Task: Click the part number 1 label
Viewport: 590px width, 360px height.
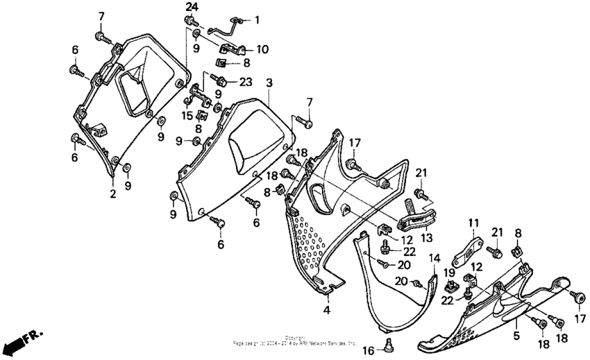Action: click(x=257, y=20)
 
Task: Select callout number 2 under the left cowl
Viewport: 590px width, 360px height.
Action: click(x=112, y=193)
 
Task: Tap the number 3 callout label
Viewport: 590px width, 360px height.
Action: click(x=269, y=83)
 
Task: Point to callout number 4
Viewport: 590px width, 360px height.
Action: click(x=326, y=309)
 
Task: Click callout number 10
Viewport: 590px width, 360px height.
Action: click(x=262, y=49)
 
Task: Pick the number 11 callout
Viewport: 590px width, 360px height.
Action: click(x=473, y=223)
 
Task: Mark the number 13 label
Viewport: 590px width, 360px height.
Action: click(x=425, y=237)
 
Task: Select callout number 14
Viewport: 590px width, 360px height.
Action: click(x=435, y=259)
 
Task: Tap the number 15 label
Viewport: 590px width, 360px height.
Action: click(x=186, y=114)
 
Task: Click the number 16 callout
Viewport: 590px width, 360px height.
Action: click(x=369, y=349)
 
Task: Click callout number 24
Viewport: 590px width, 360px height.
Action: click(x=191, y=7)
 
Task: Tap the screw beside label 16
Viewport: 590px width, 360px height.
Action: click(x=388, y=345)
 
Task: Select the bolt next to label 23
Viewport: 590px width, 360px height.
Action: click(x=221, y=81)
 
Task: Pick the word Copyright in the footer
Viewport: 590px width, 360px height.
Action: click(x=295, y=337)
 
